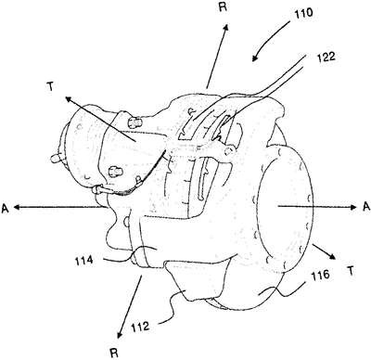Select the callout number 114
coord(83,261)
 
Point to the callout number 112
coord(141,327)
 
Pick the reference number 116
coord(321,275)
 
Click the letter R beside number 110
coord(223,7)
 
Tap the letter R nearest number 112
coord(114,354)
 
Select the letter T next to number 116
coord(351,271)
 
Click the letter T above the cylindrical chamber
coord(50,87)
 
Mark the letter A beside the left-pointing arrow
coord(5,208)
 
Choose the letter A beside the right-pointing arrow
coord(366,207)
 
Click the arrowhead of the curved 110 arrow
coord(255,58)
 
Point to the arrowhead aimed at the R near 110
coord(226,28)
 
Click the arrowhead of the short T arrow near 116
coord(332,255)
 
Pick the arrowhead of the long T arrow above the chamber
coord(69,99)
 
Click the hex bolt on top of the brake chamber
coord(134,122)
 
